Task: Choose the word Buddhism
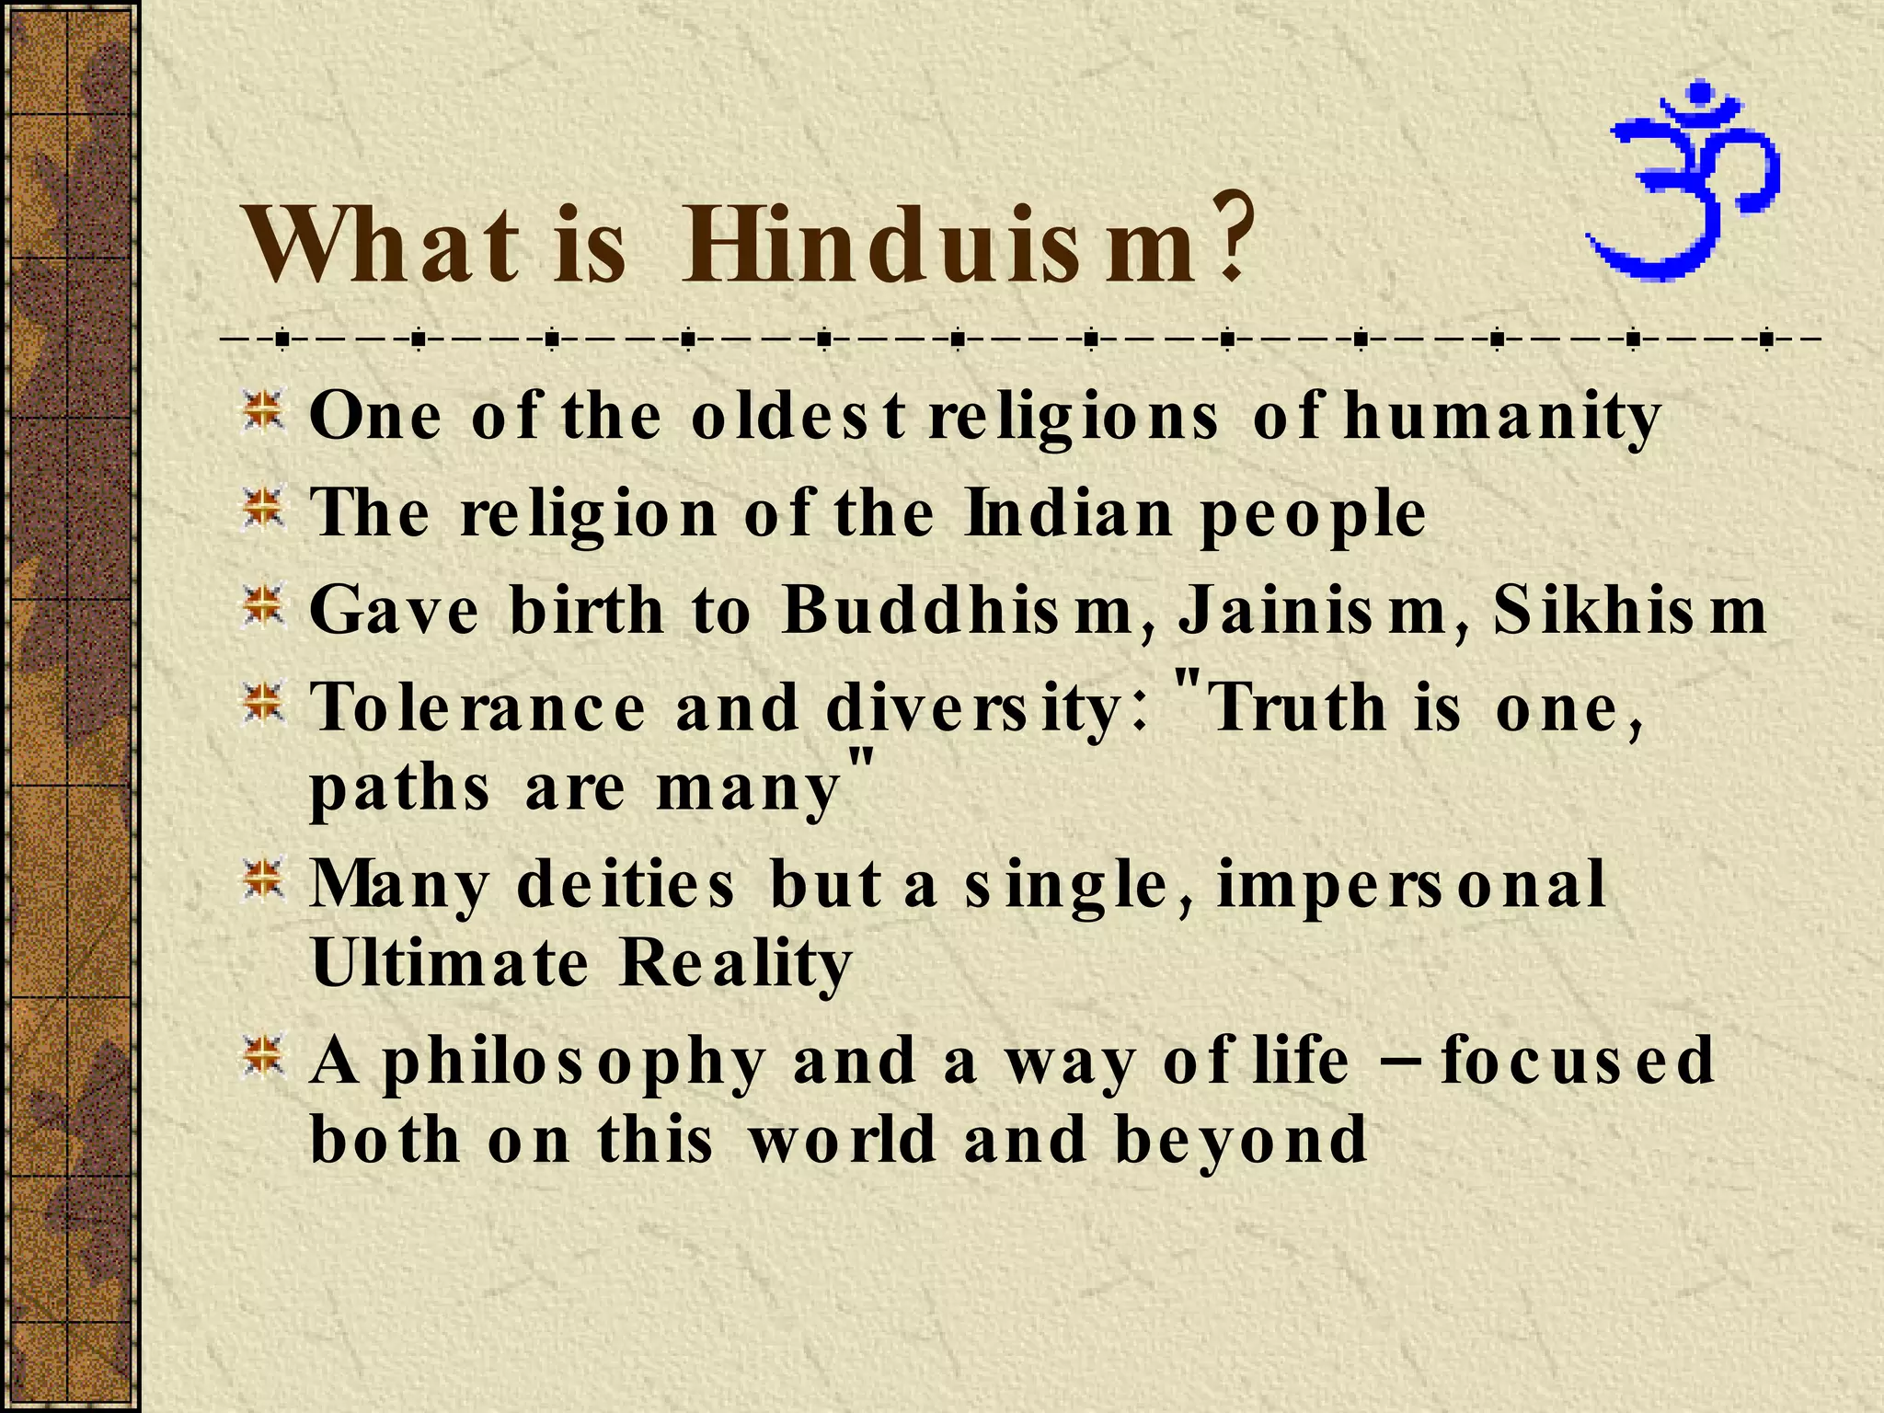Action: click(x=957, y=610)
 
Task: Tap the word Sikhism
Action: click(x=1628, y=610)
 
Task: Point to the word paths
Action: click(x=399, y=789)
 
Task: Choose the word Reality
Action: click(x=736, y=964)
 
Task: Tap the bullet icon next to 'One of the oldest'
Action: click(x=263, y=411)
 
